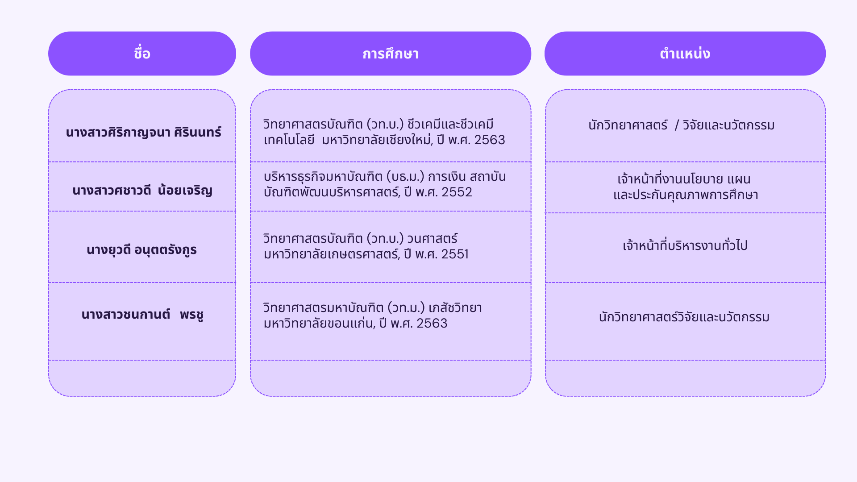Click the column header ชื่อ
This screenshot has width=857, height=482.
[142, 54]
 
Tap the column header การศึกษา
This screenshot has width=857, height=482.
[391, 54]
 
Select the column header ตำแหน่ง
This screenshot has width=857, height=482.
[685, 54]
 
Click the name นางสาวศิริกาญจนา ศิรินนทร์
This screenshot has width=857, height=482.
[143, 132]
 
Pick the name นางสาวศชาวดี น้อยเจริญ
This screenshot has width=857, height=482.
[142, 190]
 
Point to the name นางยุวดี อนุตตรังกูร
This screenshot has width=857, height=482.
[141, 249]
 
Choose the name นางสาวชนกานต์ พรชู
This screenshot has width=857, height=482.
[142, 314]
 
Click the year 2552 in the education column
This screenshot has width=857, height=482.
[457, 192]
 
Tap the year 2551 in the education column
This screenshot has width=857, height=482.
[455, 254]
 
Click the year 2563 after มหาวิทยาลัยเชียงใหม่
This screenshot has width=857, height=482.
[490, 140]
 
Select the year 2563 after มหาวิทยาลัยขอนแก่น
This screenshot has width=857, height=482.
[432, 323]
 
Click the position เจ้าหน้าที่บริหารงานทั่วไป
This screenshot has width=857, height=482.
[685, 245]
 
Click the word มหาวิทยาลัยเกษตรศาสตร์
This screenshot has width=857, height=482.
[331, 254]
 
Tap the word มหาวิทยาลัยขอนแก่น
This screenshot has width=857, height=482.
[319, 323]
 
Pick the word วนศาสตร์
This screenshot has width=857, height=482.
[433, 238]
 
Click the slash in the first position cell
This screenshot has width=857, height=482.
[677, 125]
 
